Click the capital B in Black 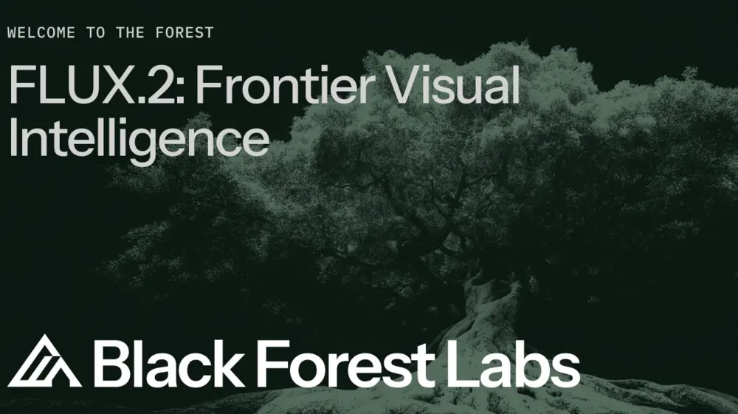[111, 363]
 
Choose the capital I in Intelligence [13, 139]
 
